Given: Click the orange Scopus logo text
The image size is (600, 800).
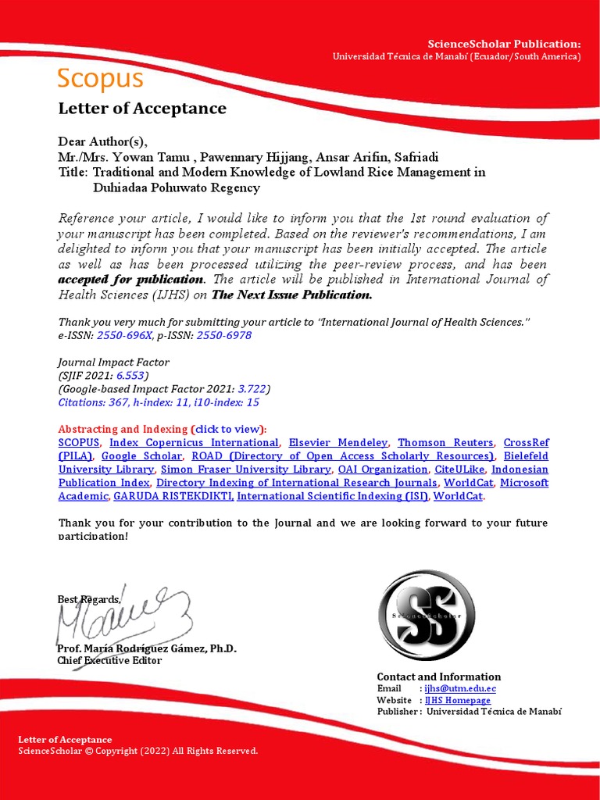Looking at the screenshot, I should pyautogui.click(x=100, y=78).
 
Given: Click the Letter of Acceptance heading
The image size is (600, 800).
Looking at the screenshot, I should pyautogui.click(x=142, y=109).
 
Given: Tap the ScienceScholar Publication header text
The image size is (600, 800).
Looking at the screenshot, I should pyautogui.click(x=504, y=44).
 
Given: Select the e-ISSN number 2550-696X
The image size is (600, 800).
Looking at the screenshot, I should pyautogui.click(x=125, y=335).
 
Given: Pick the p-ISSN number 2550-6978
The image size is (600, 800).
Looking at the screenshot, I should pyautogui.click(x=223, y=335).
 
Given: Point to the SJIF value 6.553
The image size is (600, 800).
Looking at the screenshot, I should pyautogui.click(x=130, y=376).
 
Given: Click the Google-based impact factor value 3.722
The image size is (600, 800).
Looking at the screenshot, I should pyautogui.click(x=253, y=389).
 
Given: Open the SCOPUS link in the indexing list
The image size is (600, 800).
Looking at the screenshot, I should pyautogui.click(x=79, y=443).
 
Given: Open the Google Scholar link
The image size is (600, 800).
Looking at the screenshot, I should pyautogui.click(x=142, y=456).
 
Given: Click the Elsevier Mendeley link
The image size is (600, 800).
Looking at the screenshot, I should pyautogui.click(x=338, y=443).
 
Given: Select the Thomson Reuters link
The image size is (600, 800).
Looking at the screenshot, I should pyautogui.click(x=445, y=443).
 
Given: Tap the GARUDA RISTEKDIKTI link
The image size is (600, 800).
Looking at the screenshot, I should pyautogui.click(x=173, y=496).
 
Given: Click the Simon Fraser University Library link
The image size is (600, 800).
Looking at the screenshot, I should pyautogui.click(x=246, y=470).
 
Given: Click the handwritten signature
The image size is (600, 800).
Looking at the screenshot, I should pyautogui.click(x=121, y=614).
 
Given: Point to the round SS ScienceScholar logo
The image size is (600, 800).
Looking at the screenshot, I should pyautogui.click(x=426, y=616).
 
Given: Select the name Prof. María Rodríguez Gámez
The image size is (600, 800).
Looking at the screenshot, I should pyautogui.click(x=147, y=649).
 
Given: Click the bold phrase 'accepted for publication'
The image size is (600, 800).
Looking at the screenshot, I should pyautogui.click(x=130, y=280).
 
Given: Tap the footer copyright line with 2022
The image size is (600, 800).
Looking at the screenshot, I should pyautogui.click(x=137, y=751).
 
